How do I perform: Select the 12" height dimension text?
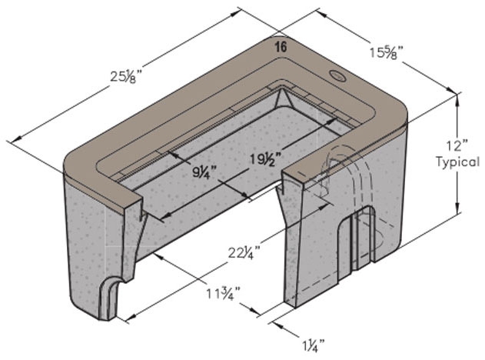(460, 145)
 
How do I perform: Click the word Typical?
(459, 162)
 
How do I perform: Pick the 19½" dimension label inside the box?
(267, 160)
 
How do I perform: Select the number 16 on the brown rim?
(281, 47)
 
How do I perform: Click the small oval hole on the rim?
(337, 76)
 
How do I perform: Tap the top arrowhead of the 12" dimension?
(459, 99)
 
